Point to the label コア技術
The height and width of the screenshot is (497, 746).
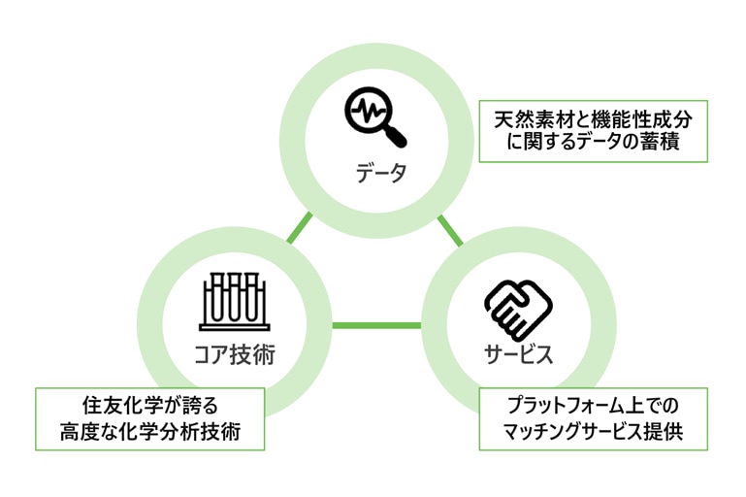tap(234, 354)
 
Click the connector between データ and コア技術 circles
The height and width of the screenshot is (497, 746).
tap(301, 226)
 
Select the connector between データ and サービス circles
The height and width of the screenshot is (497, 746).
tap(449, 229)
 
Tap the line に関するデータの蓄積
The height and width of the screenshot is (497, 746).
tap(594, 145)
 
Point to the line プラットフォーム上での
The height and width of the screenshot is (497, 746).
tap(594, 406)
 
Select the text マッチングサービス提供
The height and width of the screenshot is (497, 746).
tap(594, 432)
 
